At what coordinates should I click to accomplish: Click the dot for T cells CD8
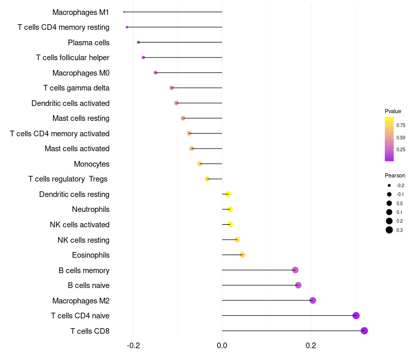pos(364,331)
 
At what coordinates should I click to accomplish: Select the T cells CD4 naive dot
pos(356,316)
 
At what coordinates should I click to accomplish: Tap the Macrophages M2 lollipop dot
pos(312,300)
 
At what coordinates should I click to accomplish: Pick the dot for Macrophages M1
pos(124,12)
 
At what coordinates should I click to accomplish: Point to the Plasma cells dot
pos(138,42)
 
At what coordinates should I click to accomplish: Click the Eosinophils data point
pos(242,255)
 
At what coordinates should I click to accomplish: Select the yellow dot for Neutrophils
pos(230,209)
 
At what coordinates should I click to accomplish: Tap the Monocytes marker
pos(200,164)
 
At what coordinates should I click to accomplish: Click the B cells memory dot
pos(295,270)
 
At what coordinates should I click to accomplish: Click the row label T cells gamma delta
pos(76,88)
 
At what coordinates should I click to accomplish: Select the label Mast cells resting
pos(81,118)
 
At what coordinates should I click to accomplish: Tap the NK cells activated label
pos(80,225)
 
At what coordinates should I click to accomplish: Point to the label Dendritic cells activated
pos(70,103)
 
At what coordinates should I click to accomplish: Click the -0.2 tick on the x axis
pos(133,346)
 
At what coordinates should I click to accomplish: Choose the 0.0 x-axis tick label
pos(222,346)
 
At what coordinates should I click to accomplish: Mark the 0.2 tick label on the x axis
pos(311,346)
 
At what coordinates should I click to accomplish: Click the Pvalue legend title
pos(393,111)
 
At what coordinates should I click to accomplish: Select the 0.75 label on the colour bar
pos(401,125)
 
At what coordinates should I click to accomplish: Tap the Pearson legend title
pos(395,175)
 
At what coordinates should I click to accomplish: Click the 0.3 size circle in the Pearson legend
pos(389,230)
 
